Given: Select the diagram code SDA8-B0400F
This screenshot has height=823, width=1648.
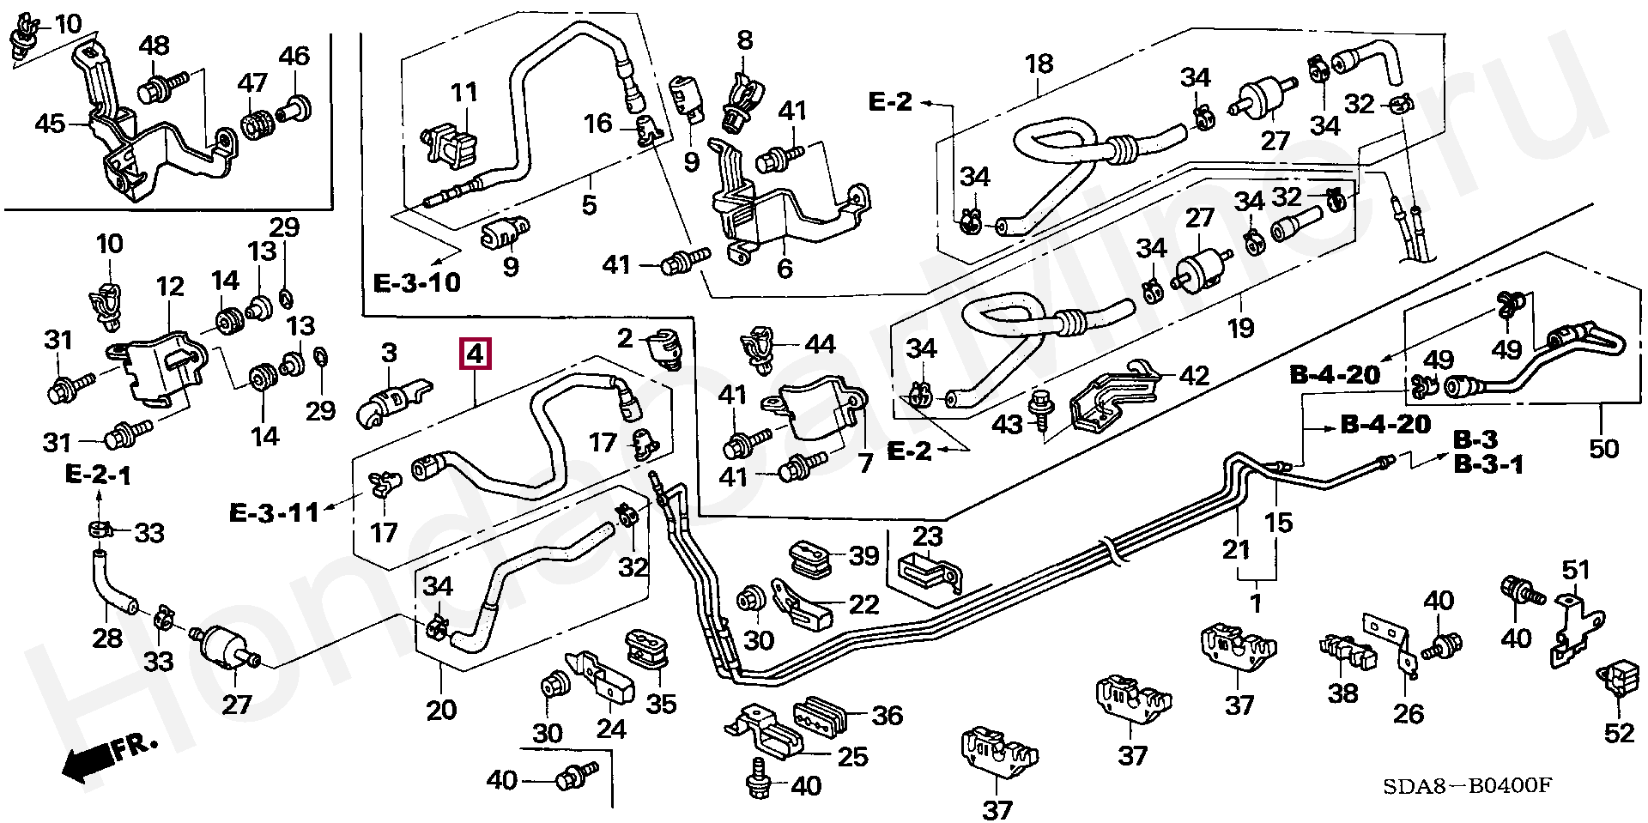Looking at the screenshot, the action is coord(1468,786).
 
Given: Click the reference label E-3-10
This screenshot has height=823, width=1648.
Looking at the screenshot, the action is coord(418,282).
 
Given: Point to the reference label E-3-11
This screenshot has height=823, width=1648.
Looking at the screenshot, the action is coord(274,513).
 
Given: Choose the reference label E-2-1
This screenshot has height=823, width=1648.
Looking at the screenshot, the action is coord(99,475).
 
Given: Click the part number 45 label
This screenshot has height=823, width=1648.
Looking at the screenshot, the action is coord(50,124).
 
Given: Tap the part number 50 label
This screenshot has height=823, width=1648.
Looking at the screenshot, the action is coord(1603,448).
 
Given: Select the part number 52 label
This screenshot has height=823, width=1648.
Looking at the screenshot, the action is coord(1620,733).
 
